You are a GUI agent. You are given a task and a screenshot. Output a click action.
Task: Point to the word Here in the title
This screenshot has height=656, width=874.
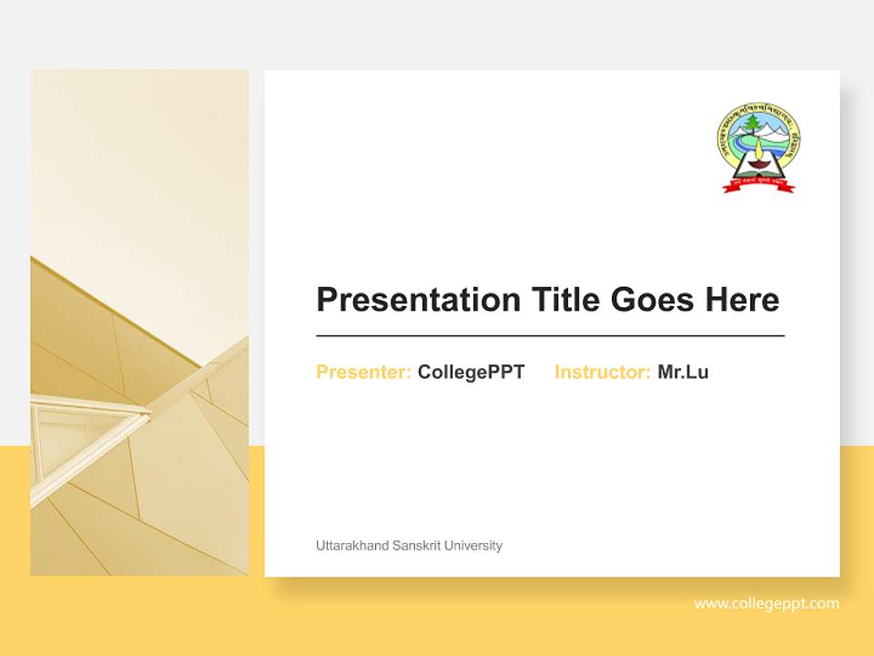[x=741, y=299]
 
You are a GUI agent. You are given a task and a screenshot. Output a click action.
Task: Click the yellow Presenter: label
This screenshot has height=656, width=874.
[x=363, y=372]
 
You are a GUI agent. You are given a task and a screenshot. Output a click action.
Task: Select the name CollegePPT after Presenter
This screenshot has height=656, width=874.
[x=471, y=372]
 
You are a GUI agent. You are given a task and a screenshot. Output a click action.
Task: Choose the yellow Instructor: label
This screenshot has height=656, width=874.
[x=602, y=372]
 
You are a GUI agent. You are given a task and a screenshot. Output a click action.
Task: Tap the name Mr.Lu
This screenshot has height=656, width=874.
[x=683, y=372]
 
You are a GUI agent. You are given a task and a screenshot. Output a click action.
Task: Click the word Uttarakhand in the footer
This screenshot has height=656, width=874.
[x=351, y=546]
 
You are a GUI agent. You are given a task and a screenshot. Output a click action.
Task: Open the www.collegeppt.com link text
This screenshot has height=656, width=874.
[x=767, y=603]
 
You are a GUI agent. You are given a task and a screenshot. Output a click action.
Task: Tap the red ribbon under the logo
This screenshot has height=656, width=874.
[x=758, y=185]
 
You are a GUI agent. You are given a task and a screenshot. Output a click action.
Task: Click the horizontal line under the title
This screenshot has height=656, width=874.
[x=550, y=336]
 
